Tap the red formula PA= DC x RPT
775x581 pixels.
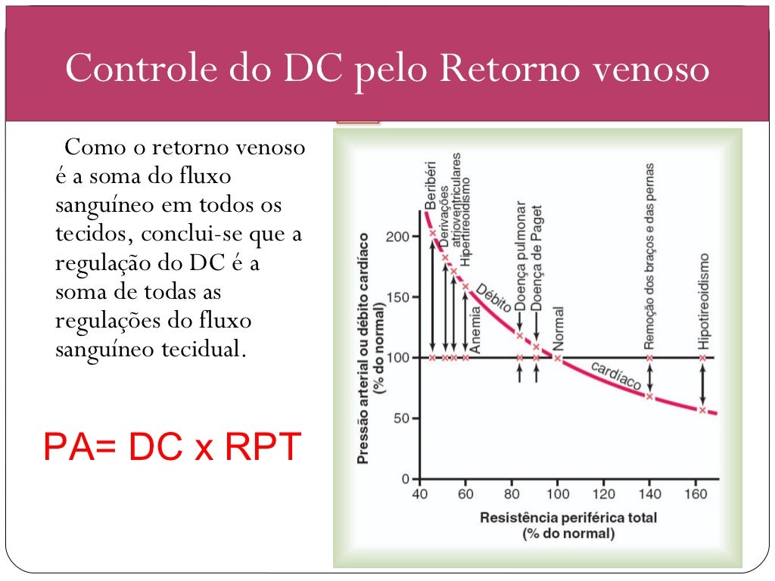point(172,446)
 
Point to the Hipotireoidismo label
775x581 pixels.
point(703,301)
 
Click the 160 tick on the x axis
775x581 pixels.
point(696,495)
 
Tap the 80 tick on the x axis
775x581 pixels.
point(512,495)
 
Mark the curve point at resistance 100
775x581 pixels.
point(558,358)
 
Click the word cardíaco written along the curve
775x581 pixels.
point(615,376)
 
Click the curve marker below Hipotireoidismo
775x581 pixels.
point(702,411)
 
